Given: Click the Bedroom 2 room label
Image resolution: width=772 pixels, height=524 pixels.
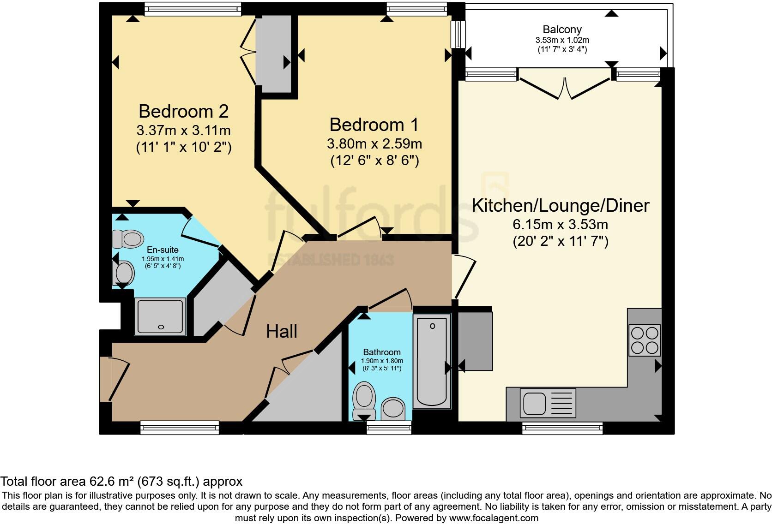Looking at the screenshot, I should (183, 111).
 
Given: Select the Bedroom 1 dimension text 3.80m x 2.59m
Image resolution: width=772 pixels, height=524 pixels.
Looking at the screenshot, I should (374, 144).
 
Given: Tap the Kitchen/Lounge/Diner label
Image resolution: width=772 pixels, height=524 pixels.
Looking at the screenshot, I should (560, 205).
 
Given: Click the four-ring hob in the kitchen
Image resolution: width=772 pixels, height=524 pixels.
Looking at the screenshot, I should (645, 340).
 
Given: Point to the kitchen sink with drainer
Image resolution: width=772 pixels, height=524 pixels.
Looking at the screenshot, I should (548, 402).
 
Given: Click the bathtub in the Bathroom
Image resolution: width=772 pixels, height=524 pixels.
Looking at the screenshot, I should (432, 361).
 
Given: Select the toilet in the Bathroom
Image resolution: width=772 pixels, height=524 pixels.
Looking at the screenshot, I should (364, 399).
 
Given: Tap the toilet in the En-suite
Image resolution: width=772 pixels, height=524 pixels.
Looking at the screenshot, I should (127, 239).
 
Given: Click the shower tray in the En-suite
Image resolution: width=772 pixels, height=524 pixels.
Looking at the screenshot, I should (160, 316).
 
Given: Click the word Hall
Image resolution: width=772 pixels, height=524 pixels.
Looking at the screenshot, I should (282, 331).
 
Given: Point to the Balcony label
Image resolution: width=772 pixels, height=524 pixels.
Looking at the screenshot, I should (562, 30).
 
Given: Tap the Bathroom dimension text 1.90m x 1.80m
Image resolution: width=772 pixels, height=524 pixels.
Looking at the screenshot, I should (382, 361).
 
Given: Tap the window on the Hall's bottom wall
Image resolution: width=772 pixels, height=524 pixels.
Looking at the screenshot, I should (180, 428).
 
